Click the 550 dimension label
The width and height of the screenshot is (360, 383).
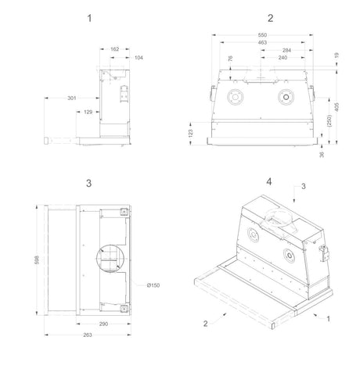tap(262, 35)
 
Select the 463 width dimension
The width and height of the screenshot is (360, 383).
tap(262, 42)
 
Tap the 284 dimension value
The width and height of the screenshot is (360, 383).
tap(286, 50)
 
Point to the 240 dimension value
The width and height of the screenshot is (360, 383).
tap(283, 58)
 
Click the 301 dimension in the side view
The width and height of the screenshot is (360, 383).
tap(72, 98)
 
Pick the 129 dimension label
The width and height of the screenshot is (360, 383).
tap(88, 112)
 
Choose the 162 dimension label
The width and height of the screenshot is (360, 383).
tap(115, 49)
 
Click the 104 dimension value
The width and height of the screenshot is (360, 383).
tap(139, 58)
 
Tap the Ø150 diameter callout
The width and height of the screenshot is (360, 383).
tap(153, 285)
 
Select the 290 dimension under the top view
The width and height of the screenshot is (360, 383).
tap(103, 324)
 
